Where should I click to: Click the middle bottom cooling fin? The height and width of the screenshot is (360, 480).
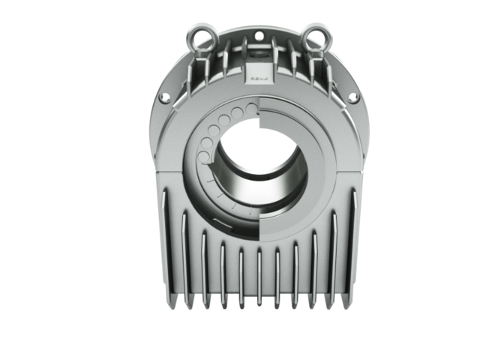tap(258, 277)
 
